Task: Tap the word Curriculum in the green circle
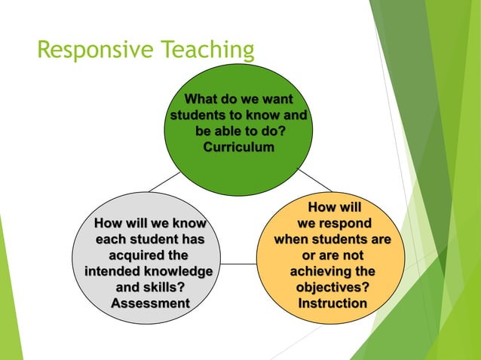(x=238, y=147)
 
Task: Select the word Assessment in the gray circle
(x=150, y=303)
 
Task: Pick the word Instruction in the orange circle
(x=332, y=303)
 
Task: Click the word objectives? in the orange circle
(x=332, y=287)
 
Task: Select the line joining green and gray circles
(x=164, y=181)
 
